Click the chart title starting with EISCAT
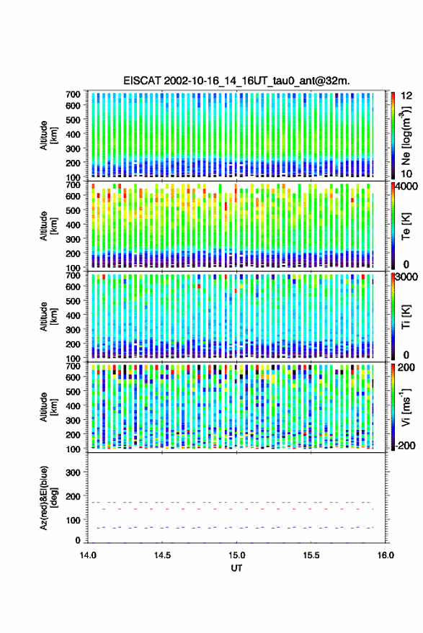tap(236, 81)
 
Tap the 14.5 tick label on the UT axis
tap(162, 555)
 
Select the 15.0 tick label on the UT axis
tap(236, 555)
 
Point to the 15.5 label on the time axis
tap(311, 555)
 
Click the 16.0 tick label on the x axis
tap(385, 555)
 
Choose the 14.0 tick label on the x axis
tap(88, 555)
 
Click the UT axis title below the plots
tap(236, 568)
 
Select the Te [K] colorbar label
tap(406, 226)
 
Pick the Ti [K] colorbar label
tap(406, 317)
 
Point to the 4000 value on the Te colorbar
tap(407, 187)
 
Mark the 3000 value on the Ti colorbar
tap(407, 277)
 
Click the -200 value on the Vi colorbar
tap(405, 445)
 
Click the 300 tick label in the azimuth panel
tap(73, 472)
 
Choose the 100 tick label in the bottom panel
tap(73, 520)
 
